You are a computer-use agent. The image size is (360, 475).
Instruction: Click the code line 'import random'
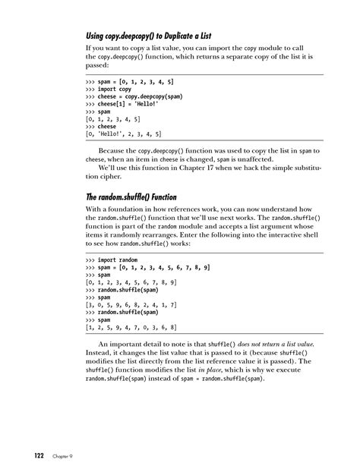tap(118, 259)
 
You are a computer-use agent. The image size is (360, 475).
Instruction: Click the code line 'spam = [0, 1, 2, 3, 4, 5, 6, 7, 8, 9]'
tap(149, 268)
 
